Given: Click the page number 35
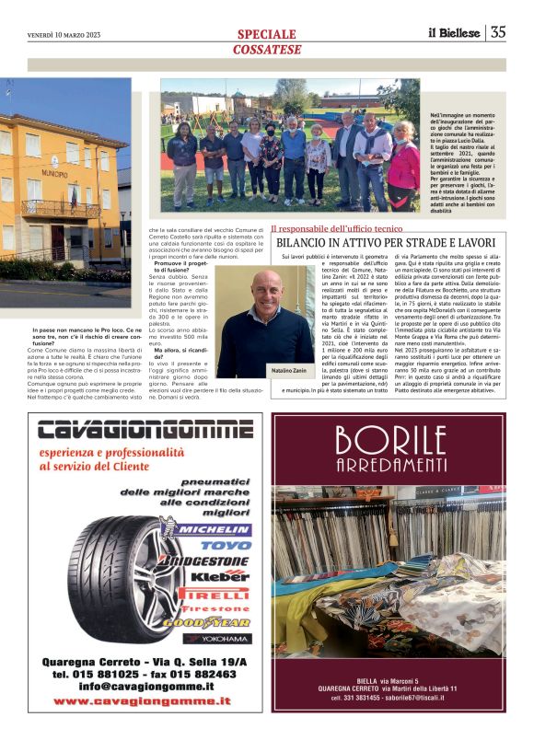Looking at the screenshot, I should (x=498, y=32).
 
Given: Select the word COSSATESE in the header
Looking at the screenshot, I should (x=266, y=49).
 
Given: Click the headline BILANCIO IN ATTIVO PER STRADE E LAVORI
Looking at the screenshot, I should (x=386, y=242).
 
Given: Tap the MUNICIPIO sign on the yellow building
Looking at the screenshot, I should (x=54, y=173).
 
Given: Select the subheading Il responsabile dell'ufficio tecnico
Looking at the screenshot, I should (x=337, y=225).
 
